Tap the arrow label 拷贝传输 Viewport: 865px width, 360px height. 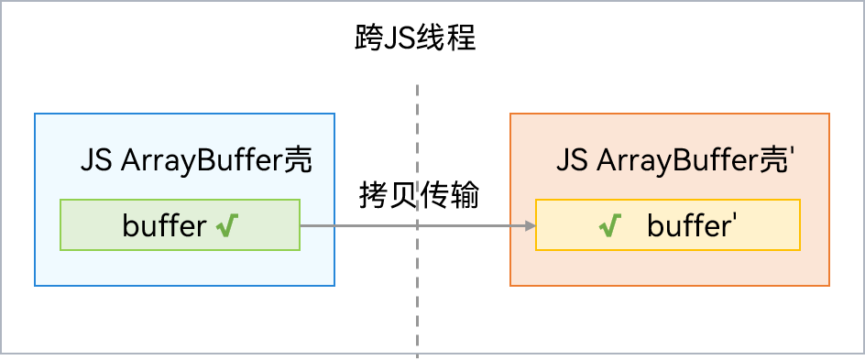point(418,194)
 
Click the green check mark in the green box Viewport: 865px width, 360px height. point(228,225)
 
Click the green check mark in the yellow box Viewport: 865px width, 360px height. point(608,225)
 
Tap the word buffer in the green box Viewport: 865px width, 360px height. point(164,225)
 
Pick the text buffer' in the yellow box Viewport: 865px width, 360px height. point(687,225)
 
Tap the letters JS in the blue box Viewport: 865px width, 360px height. point(96,161)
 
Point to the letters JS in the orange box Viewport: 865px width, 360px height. point(573,161)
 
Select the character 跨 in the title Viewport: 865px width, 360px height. point(369,39)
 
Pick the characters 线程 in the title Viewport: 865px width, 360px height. point(446,39)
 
